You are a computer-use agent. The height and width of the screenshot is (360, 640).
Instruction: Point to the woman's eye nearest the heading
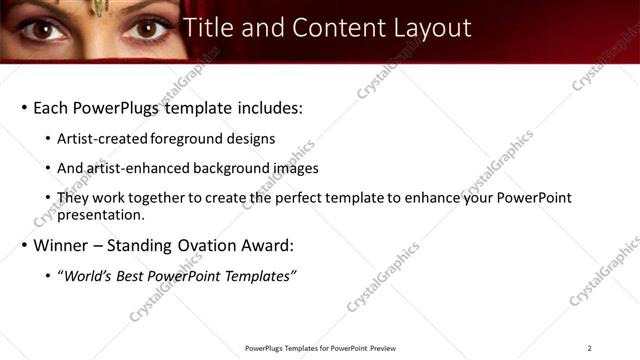tap(147, 30)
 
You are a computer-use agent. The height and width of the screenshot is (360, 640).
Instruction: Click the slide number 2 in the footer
tap(589, 348)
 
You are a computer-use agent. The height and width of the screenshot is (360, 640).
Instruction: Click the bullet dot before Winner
tap(22, 245)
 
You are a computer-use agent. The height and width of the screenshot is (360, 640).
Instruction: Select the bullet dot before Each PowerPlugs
tap(22, 107)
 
